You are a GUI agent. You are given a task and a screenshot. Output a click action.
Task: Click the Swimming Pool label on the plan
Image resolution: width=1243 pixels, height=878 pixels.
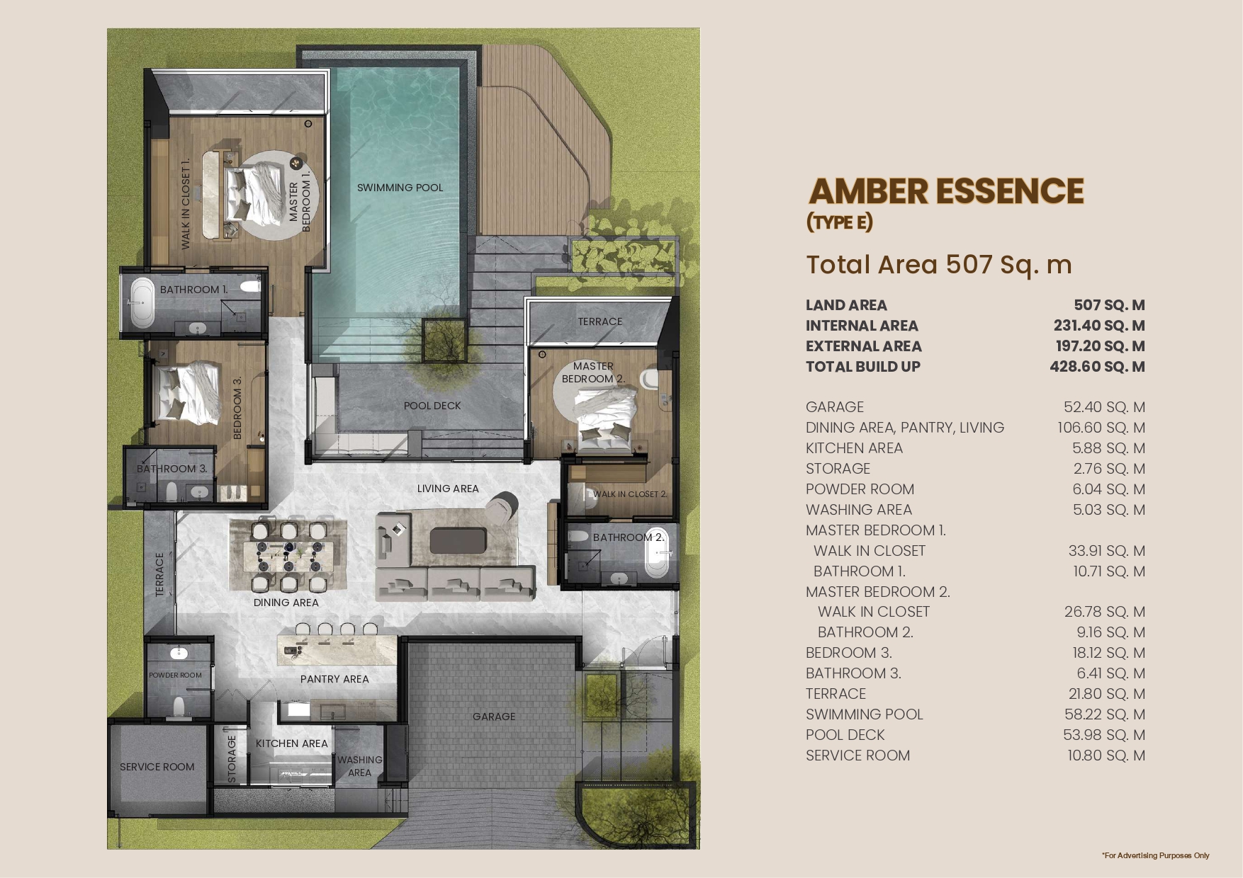400,188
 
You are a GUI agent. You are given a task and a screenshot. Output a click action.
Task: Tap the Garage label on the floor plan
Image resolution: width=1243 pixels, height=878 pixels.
494,717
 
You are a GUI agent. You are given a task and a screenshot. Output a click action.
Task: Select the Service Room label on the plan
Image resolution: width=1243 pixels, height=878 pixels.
157,767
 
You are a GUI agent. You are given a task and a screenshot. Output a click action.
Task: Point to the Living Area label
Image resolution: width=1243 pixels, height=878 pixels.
448,489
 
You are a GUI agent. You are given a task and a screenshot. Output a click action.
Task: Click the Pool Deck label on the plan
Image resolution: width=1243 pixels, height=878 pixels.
432,406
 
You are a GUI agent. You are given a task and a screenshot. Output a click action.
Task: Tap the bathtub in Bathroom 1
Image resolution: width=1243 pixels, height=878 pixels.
142,302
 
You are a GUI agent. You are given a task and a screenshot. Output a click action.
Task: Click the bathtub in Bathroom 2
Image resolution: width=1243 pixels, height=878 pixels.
657,561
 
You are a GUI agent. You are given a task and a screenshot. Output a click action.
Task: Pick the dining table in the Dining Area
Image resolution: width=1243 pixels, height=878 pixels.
288,555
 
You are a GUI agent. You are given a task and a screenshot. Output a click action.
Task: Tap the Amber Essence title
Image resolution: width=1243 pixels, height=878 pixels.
946,191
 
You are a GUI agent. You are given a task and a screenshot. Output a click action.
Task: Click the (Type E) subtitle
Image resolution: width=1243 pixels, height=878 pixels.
840,222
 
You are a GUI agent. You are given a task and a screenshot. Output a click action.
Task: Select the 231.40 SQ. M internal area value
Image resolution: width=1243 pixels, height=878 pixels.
1099,326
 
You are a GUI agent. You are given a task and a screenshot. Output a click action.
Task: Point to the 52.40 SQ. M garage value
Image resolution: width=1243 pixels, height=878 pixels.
1104,407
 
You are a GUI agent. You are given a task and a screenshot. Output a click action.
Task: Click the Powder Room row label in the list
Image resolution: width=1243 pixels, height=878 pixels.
860,489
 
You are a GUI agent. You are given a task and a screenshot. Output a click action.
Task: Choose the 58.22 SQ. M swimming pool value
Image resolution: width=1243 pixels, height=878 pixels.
1105,714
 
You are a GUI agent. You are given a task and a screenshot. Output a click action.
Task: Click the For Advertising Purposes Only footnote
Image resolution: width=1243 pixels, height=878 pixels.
1156,855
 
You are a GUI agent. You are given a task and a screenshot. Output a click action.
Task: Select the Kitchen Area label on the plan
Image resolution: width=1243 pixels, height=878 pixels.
292,743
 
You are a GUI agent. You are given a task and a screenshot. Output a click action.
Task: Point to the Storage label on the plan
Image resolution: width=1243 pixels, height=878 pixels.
232,759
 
